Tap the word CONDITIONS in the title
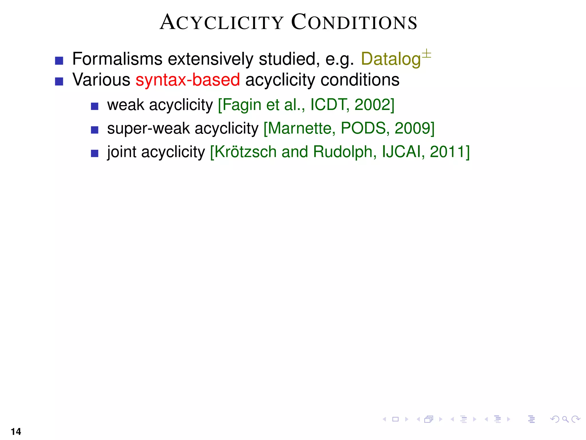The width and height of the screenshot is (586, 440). (354, 22)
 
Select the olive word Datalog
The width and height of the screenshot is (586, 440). (391, 59)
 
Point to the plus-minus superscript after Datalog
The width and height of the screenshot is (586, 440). (426, 54)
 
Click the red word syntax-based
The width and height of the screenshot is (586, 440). (188, 80)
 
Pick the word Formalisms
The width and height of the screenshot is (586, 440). (117, 59)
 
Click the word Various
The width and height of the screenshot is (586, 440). (101, 80)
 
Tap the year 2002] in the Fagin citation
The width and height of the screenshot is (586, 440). (374, 105)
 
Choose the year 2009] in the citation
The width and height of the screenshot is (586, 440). (414, 128)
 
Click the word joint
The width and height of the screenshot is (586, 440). (122, 152)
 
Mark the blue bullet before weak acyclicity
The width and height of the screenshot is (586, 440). (95, 107)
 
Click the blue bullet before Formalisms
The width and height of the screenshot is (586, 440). (59, 61)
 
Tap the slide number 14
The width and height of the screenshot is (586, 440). (16, 431)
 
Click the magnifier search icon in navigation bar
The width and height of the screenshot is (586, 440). (565, 419)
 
